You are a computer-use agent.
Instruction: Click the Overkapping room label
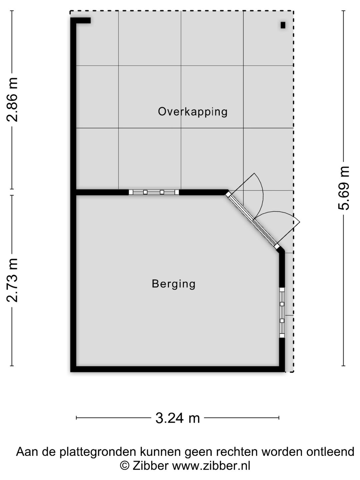[193, 112]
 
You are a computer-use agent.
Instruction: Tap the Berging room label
[173, 284]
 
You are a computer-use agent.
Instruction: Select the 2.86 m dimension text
[13, 100]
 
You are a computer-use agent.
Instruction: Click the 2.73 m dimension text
[13, 280]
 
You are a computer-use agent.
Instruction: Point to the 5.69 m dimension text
[344, 188]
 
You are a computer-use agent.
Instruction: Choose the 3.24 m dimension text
[177, 418]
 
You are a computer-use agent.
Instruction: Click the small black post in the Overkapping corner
[283, 25]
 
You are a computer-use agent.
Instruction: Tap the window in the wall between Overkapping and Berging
[154, 192]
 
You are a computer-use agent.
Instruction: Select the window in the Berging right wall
[282, 312]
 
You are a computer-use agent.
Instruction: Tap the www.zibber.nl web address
[211, 465]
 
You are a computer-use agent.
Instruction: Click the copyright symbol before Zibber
[124, 465]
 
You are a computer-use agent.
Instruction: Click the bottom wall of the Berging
[177, 369]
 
